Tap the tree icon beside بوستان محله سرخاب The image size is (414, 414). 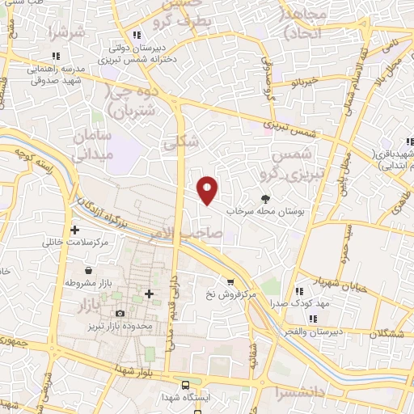265,197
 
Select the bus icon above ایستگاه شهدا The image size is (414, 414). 187,385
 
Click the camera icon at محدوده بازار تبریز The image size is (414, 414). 120,313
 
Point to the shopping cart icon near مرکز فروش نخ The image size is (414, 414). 230,282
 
